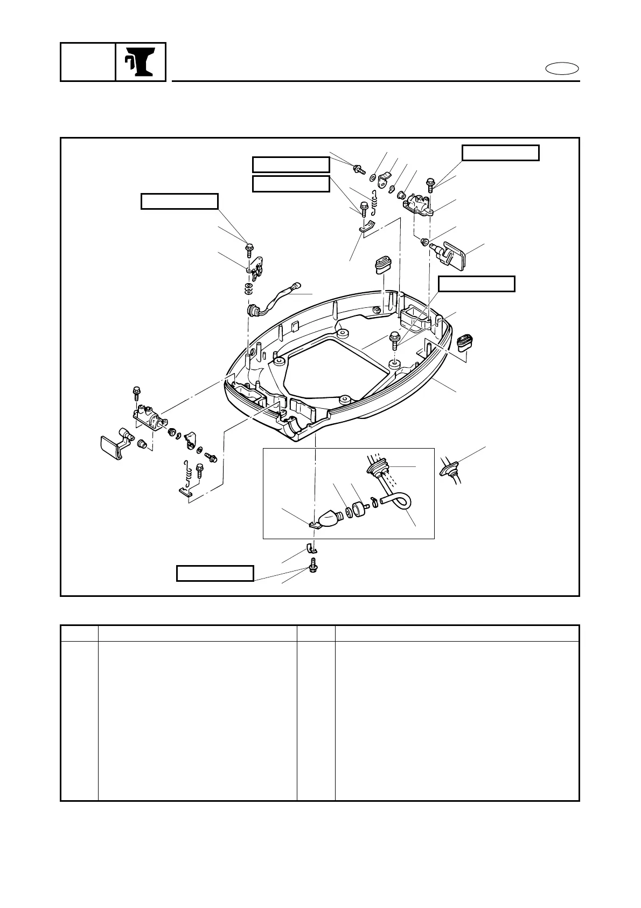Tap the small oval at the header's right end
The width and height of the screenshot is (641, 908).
pyautogui.click(x=562, y=69)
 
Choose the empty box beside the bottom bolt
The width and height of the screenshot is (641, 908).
pyautogui.click(x=215, y=573)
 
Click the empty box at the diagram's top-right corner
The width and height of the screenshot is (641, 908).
pyautogui.click(x=500, y=153)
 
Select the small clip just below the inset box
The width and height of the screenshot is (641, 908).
pyautogui.click(x=311, y=549)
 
